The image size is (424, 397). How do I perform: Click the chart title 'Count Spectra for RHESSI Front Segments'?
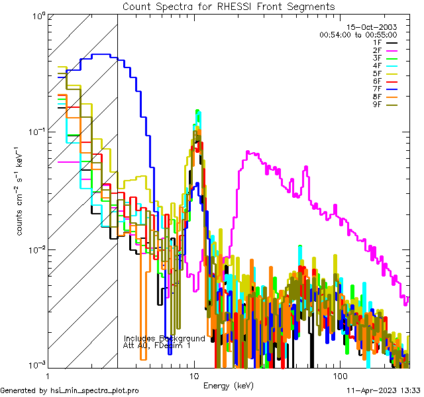[x=229, y=6]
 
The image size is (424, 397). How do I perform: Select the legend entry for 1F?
[x=386, y=42]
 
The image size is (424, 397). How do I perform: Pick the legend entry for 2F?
[x=386, y=50]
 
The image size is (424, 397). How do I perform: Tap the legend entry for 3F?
[x=386, y=58]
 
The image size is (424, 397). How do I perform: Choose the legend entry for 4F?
[x=386, y=66]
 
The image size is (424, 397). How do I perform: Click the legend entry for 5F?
[x=386, y=73]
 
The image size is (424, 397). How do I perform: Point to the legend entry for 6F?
[x=386, y=81]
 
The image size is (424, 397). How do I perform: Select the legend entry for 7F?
[x=386, y=89]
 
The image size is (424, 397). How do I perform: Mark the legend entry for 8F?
[x=386, y=97]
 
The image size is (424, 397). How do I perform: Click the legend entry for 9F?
[x=386, y=104]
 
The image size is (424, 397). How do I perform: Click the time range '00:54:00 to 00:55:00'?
[x=358, y=34]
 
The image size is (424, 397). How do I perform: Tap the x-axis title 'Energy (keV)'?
[x=228, y=385]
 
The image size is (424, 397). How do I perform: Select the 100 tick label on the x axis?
[x=340, y=375]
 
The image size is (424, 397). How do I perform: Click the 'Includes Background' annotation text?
[x=164, y=338]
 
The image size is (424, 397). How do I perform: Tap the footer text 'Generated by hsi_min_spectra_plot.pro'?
[x=70, y=390]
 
